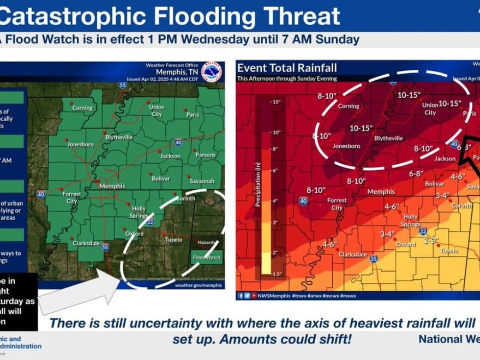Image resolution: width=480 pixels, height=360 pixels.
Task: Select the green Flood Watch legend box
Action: click(207, 257)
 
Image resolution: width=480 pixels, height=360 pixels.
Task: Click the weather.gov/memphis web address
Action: click(199, 285)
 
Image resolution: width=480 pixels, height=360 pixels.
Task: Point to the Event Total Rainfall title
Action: click(287, 68)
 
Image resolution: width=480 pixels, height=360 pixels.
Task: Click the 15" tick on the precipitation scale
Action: click(276, 103)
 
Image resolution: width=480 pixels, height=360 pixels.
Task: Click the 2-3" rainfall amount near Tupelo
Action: click(431, 239)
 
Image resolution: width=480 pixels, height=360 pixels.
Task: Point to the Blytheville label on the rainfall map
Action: click(388, 139)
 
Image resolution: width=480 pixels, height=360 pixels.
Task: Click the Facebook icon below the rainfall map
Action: click(241, 295)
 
